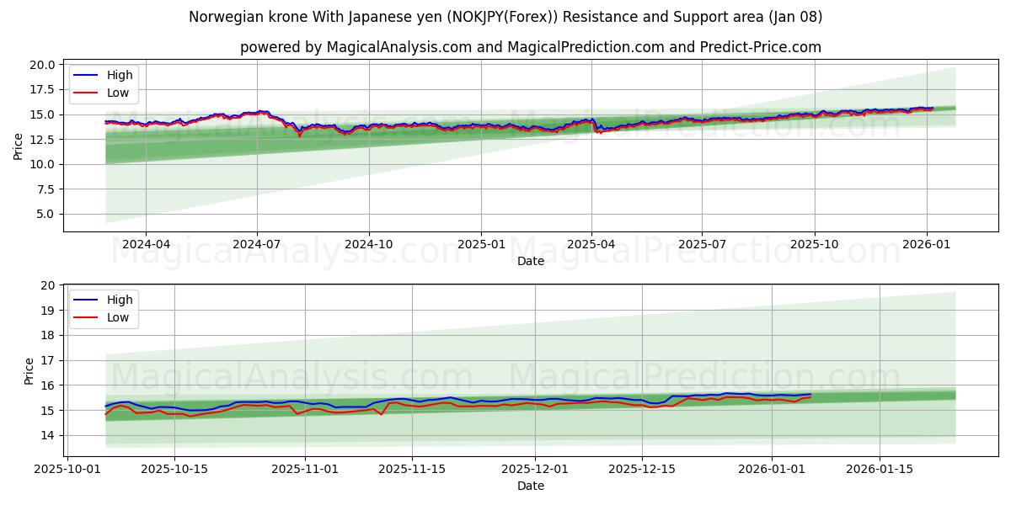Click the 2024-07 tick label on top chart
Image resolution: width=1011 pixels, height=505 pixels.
point(256,245)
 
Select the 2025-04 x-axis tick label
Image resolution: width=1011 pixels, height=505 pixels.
point(591,245)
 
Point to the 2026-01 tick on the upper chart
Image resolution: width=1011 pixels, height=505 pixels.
point(927,245)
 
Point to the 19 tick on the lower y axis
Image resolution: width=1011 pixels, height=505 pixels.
point(48,311)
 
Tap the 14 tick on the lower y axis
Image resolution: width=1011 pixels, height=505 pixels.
point(48,435)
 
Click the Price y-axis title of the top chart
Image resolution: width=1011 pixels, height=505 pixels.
point(19,146)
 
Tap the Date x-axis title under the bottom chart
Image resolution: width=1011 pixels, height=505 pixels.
point(531,486)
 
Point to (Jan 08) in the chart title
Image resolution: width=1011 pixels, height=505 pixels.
point(793,17)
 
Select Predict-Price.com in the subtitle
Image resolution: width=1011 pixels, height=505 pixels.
point(761,47)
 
